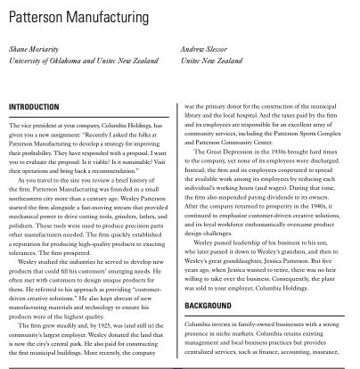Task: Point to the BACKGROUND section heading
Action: pyautogui.click(x=212, y=304)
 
